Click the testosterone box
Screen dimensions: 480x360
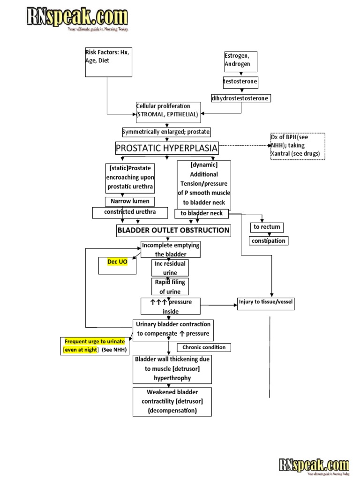click(240, 82)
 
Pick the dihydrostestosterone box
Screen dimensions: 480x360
click(240, 98)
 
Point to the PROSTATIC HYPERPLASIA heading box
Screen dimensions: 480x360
click(167, 149)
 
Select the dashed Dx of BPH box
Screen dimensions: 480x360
click(298, 146)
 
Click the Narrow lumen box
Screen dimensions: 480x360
click(130, 202)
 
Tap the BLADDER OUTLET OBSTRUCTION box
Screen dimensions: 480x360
click(173, 231)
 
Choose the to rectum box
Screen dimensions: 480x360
click(267, 227)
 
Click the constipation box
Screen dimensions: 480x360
click(268, 241)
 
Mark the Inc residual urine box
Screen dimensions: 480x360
click(170, 268)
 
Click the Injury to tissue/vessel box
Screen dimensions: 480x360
click(265, 302)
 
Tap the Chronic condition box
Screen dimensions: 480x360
click(204, 348)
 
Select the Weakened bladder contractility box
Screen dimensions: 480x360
click(172, 401)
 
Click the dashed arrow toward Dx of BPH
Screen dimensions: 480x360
click(244, 146)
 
